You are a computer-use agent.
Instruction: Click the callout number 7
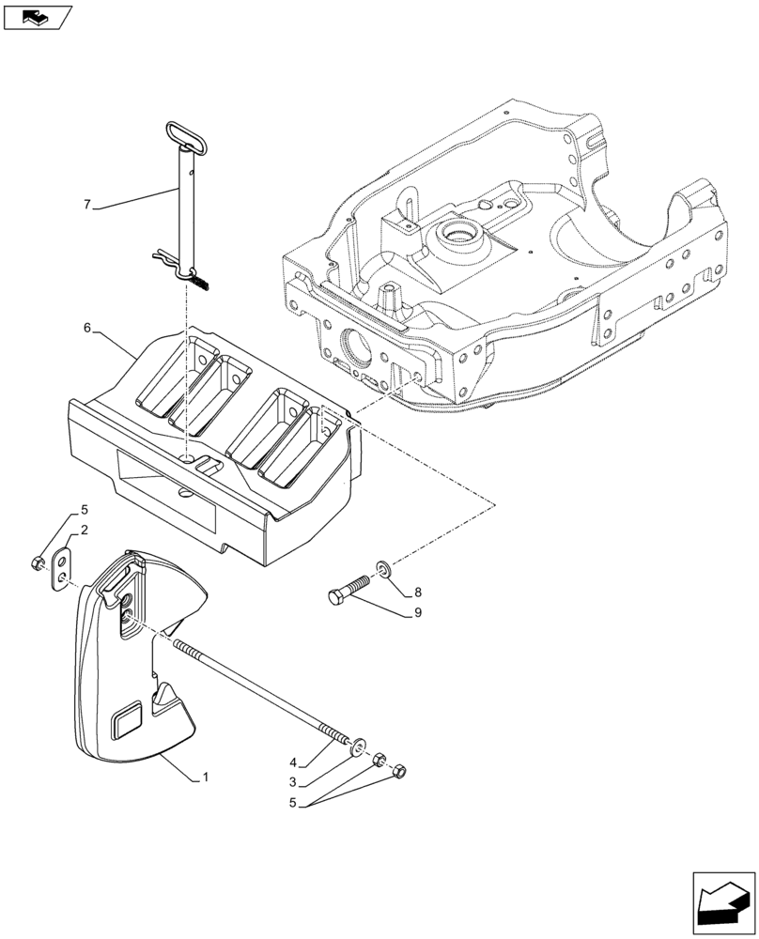coord(86,204)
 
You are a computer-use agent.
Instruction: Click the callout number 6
coord(87,328)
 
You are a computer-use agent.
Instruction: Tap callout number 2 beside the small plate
coord(84,531)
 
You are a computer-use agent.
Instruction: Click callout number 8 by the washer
coord(417,593)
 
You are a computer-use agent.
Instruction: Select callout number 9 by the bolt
coord(417,612)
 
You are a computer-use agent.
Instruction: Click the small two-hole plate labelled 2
coord(63,568)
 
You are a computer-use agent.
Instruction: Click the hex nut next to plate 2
coord(38,562)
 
